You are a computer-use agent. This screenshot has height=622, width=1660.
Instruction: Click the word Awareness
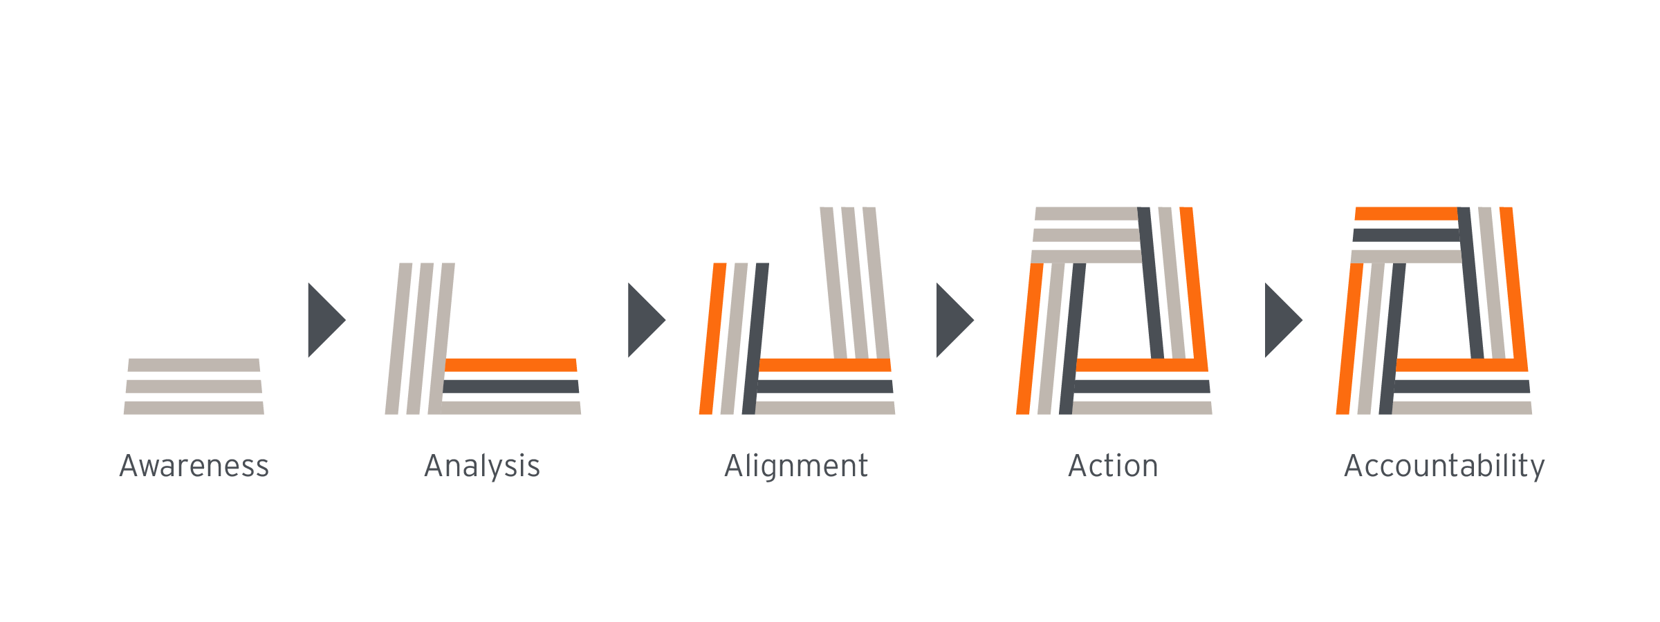[194, 466]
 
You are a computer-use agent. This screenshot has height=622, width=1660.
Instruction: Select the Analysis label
[482, 466]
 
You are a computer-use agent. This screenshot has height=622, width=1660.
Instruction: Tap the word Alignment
[796, 466]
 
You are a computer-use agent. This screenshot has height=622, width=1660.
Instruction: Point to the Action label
[1113, 466]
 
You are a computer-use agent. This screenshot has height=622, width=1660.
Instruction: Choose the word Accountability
[1444, 466]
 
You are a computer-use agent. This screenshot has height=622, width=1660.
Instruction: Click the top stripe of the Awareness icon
[194, 365]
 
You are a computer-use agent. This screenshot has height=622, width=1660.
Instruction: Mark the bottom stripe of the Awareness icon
[194, 408]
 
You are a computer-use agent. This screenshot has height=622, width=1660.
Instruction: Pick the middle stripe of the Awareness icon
[194, 386]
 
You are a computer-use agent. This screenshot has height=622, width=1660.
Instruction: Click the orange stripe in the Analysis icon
[510, 365]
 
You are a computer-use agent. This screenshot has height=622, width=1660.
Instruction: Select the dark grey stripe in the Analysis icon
[510, 386]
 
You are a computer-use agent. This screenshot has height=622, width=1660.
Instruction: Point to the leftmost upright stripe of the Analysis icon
[398, 339]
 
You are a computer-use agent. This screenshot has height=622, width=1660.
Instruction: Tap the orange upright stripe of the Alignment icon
[712, 339]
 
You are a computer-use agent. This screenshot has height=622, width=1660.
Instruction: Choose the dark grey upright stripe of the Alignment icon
[755, 339]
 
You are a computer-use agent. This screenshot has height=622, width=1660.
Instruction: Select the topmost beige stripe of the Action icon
[1086, 214]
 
